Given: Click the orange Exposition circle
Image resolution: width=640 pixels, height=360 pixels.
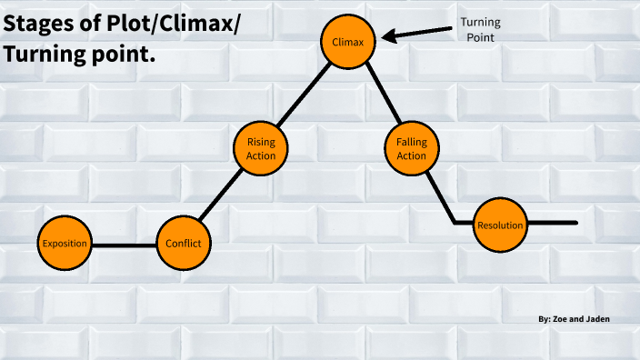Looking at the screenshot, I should pos(65,244).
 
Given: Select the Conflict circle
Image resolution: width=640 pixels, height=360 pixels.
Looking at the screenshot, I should pos(184,244).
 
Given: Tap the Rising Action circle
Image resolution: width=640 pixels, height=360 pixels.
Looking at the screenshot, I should pos(261,148).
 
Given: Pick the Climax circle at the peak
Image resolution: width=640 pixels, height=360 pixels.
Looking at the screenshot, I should pos(349,41).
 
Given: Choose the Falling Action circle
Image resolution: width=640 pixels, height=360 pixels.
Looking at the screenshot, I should pos(412,148).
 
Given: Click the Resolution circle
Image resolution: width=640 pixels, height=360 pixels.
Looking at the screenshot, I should pos(500,225).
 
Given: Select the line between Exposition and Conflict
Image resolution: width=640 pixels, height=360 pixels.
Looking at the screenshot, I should pos(124,245).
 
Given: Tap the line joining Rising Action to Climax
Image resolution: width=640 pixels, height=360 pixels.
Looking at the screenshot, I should pos(304,95).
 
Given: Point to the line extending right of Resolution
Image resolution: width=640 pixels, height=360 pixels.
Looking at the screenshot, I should pos(553,223).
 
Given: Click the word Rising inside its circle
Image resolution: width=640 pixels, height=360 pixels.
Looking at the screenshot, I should pos(261,142).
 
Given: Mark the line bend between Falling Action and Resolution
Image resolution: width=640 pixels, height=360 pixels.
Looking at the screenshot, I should pos(455,222).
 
